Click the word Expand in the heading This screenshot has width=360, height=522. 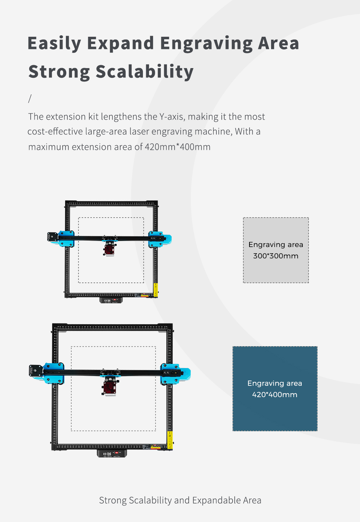coord(120,44)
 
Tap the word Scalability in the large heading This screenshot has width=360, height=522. coord(145,71)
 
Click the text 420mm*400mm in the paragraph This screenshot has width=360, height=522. coord(177,147)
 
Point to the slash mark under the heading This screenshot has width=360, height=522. coord(30,99)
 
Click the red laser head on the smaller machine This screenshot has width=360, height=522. coord(109,249)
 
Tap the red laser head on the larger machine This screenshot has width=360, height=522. coord(110,387)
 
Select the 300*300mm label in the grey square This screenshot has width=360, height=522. coord(276,256)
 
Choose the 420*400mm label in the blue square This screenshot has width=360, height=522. coord(275,394)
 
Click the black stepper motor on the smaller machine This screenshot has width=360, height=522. coord(53,237)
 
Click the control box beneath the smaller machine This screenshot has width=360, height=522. coord(111,300)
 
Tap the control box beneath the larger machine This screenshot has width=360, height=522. coord(112,454)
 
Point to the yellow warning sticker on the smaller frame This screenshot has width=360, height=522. coord(156,290)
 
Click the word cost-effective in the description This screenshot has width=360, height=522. coord(55,131)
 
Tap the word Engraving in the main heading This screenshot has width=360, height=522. coord(207,44)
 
